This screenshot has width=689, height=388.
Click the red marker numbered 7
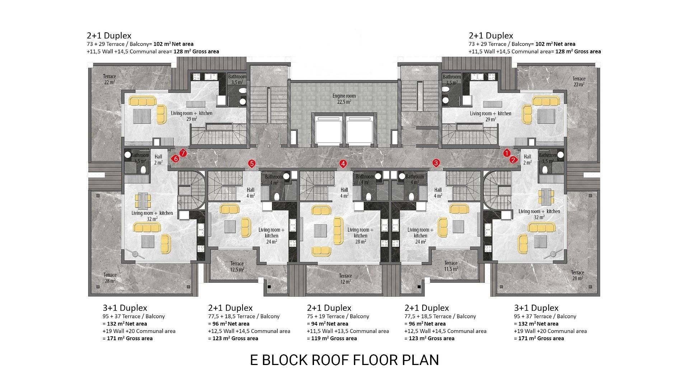coord(183,153)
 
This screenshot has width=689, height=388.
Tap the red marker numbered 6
coord(175,158)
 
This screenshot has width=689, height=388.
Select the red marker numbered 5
coord(252,164)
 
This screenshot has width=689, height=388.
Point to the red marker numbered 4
coord(343,164)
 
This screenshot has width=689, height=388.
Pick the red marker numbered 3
coord(436,163)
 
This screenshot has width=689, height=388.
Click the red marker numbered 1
coord(507,153)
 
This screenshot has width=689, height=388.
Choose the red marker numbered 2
coord(514,160)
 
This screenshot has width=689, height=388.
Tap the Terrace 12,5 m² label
coord(237,267)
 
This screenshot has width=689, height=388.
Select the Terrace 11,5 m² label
coord(451,266)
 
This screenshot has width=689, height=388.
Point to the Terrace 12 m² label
coord(345,279)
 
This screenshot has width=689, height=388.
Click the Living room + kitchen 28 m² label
coord(360,236)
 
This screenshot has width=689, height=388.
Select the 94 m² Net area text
coord(328,324)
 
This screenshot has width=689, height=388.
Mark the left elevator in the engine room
coord(329,130)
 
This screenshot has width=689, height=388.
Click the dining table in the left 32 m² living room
coord(143,200)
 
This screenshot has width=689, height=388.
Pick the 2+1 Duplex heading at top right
coord(491,36)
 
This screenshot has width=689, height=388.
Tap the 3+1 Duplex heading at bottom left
coord(125,308)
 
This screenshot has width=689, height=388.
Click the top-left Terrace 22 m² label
coord(109,79)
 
